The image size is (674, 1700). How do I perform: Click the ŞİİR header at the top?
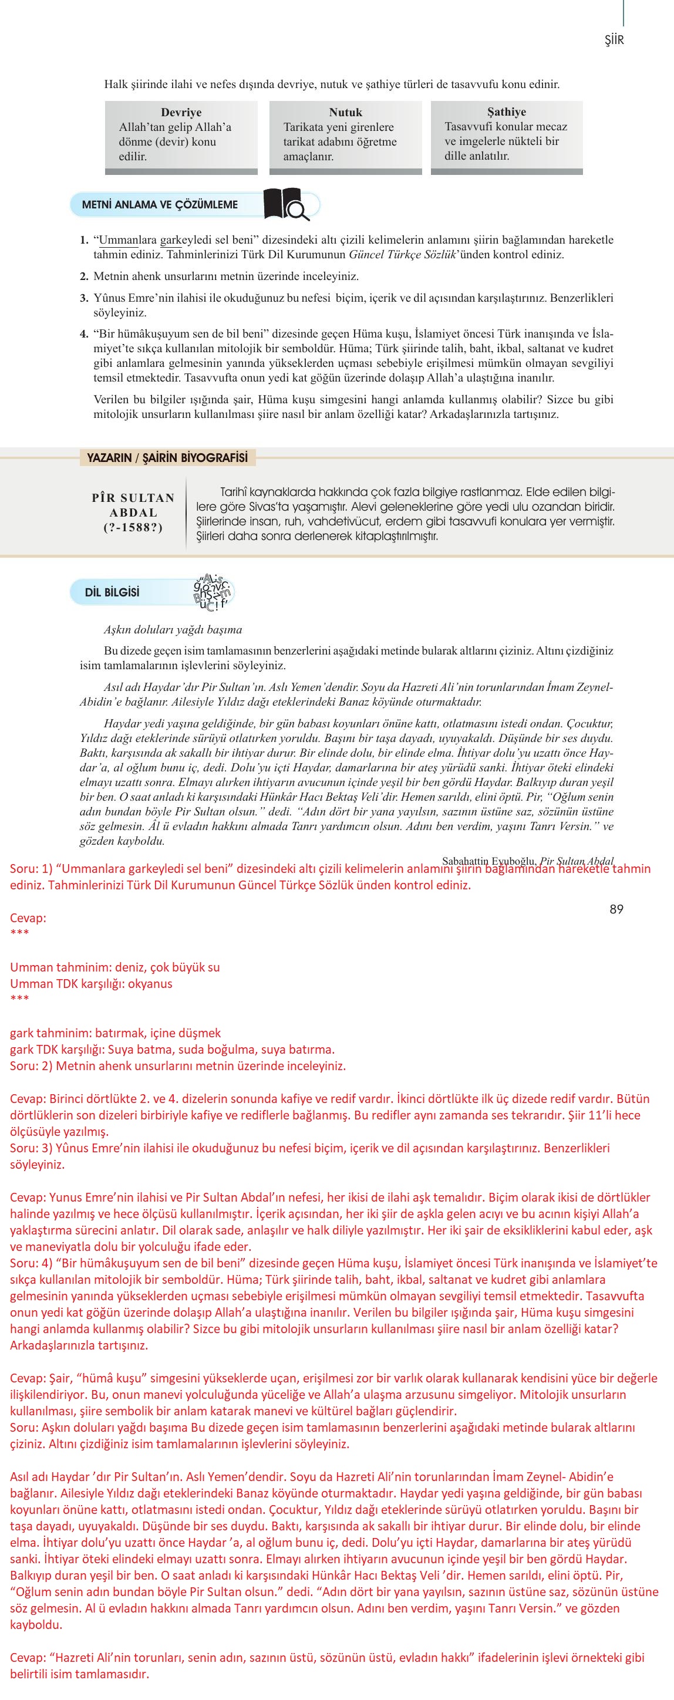[x=614, y=41]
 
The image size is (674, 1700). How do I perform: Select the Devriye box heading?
[x=181, y=112]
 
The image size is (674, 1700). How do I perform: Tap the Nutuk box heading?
[x=345, y=112]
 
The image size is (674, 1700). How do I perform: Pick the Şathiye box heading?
[x=506, y=112]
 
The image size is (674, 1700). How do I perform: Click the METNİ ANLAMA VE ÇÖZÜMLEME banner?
[x=160, y=205]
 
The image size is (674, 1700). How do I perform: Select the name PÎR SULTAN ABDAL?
[x=133, y=505]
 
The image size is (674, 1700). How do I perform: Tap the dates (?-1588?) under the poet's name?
[x=133, y=527]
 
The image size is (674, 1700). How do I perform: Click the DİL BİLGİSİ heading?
[x=112, y=592]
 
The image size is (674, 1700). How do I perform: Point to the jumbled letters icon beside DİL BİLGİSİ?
[x=211, y=591]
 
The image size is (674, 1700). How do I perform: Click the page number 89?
[x=616, y=909]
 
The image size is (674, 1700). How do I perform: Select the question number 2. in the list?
[x=85, y=276]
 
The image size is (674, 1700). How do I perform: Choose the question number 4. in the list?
[x=85, y=333]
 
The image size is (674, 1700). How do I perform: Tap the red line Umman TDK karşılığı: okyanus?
[x=91, y=983]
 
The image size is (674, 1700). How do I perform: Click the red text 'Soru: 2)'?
[x=31, y=1065]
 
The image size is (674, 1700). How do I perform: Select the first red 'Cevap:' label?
[x=28, y=918]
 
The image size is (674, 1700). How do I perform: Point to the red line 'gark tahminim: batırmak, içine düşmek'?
[x=116, y=1033]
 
